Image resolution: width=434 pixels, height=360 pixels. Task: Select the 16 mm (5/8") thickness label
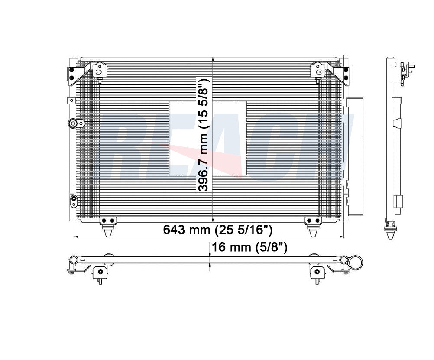[249, 247]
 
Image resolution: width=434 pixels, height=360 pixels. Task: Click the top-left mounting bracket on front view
[97, 71]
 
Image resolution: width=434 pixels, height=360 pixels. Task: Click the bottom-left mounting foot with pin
[108, 226]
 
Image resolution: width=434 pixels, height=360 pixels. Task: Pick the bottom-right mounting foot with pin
[313, 226]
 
